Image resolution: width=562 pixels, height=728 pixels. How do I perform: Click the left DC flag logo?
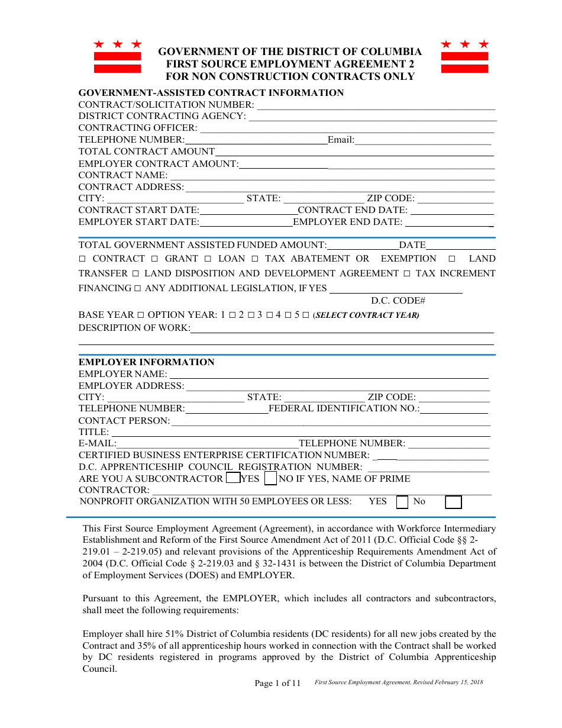pyautogui.click(x=118, y=57)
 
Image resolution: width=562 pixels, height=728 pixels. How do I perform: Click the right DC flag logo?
pyautogui.click(x=464, y=57)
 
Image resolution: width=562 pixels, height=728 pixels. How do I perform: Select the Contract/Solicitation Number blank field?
pyautogui.click(x=376, y=105)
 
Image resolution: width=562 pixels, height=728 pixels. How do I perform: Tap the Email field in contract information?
pyautogui.click(x=422, y=140)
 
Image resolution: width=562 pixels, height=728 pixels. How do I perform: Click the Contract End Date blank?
pyautogui.click(x=452, y=211)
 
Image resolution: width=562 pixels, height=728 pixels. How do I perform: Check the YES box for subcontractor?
pyautogui.click(x=233, y=478)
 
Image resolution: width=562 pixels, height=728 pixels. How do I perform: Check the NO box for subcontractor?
pyautogui.click(x=270, y=478)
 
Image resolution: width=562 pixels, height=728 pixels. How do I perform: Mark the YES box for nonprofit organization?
pyautogui.click(x=402, y=502)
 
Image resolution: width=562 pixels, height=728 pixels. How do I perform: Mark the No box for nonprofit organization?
pyautogui.click(x=453, y=502)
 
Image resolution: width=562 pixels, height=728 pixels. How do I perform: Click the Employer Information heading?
pyautogui.click(x=147, y=362)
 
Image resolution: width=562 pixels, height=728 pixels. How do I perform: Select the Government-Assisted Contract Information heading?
pyautogui.click(x=211, y=93)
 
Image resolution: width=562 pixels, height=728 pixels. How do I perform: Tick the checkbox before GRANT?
pyautogui.click(x=154, y=259)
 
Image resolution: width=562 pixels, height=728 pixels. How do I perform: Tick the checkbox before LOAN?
pyautogui.click(x=208, y=259)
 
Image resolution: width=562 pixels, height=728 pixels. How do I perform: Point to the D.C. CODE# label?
pyautogui.click(x=398, y=301)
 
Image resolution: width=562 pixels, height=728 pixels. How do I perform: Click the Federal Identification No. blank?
pyautogui.click(x=454, y=409)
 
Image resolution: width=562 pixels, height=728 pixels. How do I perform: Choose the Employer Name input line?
pyautogui.click(x=329, y=375)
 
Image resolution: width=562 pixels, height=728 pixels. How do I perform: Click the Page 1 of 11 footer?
pyautogui.click(x=277, y=684)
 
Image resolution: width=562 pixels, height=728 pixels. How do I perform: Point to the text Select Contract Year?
pyautogui.click(x=367, y=315)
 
